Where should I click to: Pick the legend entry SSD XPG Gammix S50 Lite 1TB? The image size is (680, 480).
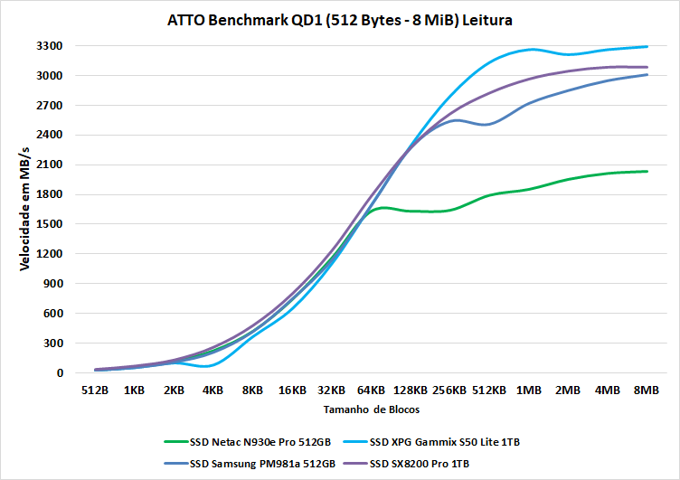coord(443,442)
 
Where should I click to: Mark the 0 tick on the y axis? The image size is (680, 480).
coord(59,373)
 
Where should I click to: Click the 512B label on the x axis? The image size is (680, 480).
coord(95,391)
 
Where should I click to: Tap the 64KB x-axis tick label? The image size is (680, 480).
coord(371,391)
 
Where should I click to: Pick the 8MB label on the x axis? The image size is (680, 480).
coord(646,391)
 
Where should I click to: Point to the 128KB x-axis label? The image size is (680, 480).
coord(410,391)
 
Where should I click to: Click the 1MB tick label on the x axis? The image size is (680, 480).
coord(528,391)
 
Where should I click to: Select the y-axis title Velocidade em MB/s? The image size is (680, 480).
coord(24,207)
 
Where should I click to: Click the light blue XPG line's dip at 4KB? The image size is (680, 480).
coord(210,366)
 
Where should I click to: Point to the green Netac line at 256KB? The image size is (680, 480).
coord(449,211)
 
